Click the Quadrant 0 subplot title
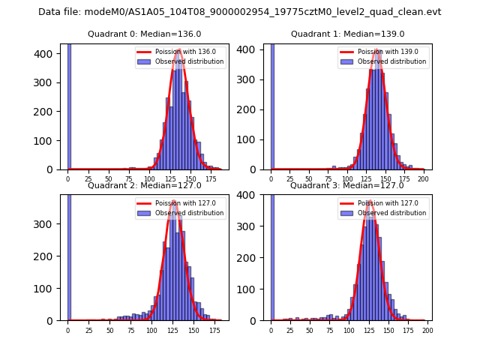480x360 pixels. [144, 34]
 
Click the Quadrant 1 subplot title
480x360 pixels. [347, 34]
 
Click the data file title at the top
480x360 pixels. [240, 12]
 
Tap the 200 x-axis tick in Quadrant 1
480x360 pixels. [424, 179]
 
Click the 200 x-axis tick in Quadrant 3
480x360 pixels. [427, 330]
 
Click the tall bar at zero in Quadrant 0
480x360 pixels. [69, 105]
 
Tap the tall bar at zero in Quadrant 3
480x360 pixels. [272, 255]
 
